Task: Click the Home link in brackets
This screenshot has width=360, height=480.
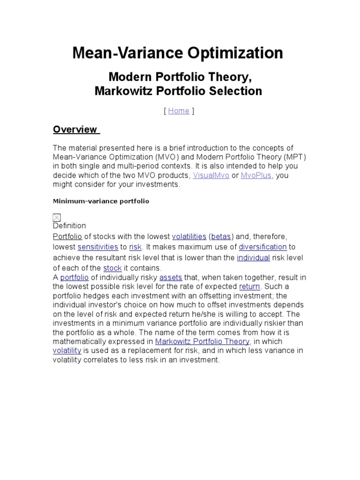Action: (x=179, y=111)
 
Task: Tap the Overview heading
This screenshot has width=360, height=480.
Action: (x=75, y=129)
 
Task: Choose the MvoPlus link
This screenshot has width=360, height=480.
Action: (x=256, y=175)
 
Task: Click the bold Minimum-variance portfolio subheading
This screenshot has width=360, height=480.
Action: (x=101, y=201)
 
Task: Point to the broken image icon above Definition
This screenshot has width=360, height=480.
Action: (x=57, y=217)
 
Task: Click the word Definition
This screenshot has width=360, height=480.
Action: (x=69, y=226)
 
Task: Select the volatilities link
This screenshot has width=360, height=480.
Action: (x=189, y=237)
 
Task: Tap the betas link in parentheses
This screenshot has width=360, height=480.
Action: (x=221, y=237)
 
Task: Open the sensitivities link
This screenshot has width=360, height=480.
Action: (x=98, y=247)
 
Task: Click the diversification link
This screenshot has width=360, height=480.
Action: (x=262, y=247)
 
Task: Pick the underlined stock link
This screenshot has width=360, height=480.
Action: (x=112, y=268)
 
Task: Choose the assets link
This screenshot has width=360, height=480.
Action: (x=171, y=277)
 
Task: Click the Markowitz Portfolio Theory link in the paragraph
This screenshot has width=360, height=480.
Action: (x=202, y=342)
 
